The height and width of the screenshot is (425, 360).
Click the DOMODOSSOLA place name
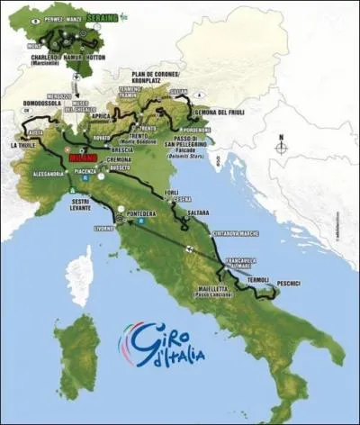40,104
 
